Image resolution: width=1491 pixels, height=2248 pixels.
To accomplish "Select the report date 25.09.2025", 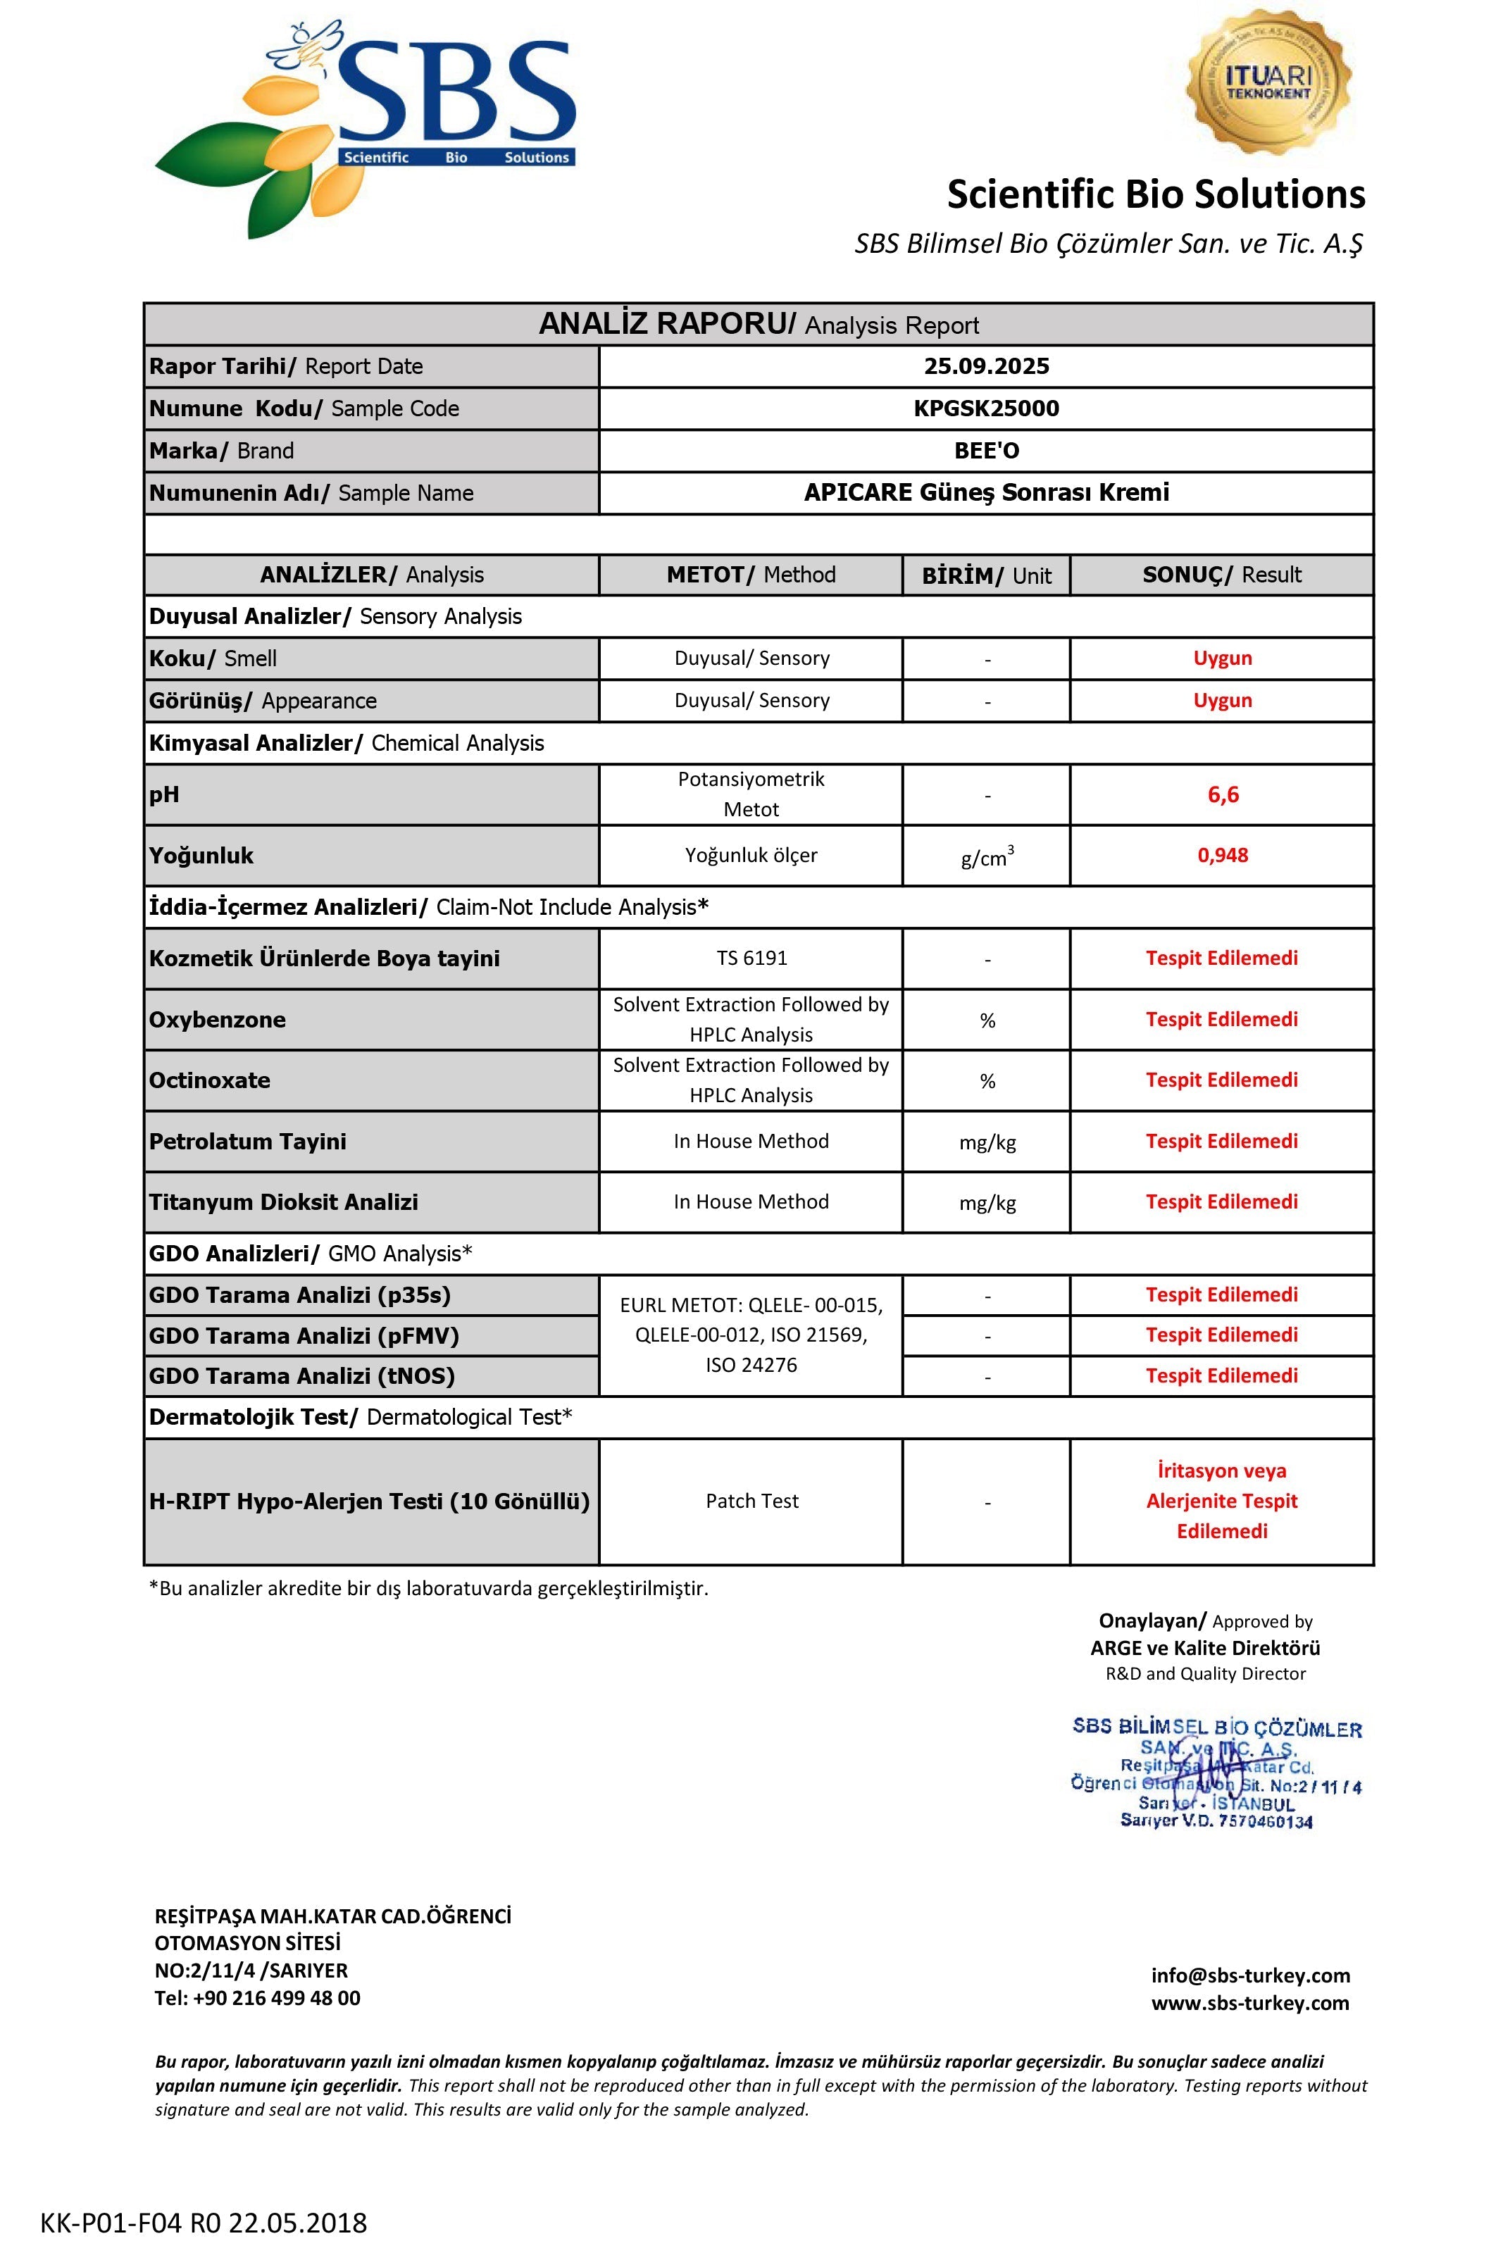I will coord(986,366).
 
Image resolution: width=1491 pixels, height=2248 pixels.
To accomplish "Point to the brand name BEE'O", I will coord(986,451).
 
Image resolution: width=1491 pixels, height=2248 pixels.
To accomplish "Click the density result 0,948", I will coord(1222,855).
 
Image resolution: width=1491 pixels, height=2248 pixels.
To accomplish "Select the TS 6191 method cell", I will coord(751,958).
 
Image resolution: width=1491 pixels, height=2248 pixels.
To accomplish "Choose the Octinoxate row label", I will coord(209,1080).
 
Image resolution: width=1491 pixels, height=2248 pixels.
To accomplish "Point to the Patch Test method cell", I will coord(751,1501).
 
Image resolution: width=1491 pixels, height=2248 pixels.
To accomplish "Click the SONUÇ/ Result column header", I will coord(1222,575).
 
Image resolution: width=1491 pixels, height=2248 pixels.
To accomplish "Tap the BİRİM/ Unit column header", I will coord(986,575).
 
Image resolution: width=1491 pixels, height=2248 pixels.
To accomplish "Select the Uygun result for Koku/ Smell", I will coord(1222,658).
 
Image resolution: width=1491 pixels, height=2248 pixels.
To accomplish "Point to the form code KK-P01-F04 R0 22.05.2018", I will coord(204,2223).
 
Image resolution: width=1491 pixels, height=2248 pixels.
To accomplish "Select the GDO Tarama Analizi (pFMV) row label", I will coord(304,1336).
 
